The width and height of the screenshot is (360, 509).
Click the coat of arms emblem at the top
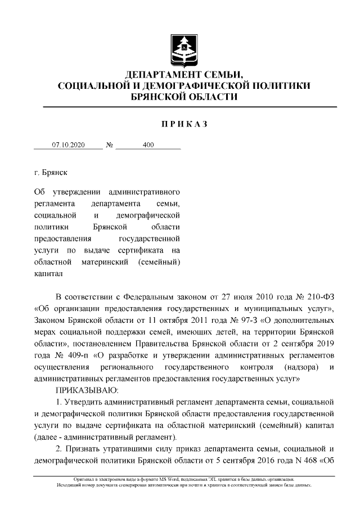(x=184, y=48)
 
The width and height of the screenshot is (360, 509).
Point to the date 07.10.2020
(x=68, y=145)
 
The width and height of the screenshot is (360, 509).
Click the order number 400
(x=148, y=145)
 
